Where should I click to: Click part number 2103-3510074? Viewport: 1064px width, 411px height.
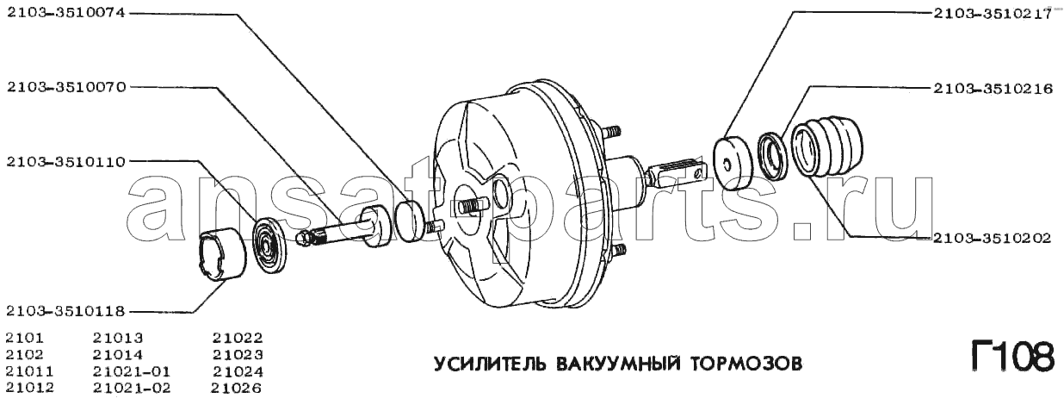click(66, 13)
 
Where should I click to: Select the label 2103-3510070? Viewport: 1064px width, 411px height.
click(66, 87)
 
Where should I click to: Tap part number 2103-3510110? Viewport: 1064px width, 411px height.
click(66, 162)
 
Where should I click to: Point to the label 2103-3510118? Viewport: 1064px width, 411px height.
click(66, 312)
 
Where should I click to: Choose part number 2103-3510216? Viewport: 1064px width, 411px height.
click(993, 102)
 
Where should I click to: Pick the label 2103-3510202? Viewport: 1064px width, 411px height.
click(993, 237)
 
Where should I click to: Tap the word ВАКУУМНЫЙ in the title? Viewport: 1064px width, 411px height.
click(617, 364)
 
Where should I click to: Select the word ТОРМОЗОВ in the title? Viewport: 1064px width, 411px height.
click(746, 364)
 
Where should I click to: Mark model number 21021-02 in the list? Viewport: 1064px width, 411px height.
click(132, 388)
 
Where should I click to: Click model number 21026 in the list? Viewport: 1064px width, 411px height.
click(237, 388)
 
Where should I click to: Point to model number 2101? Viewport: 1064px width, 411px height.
click(25, 338)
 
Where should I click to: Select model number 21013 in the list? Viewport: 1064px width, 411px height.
click(118, 338)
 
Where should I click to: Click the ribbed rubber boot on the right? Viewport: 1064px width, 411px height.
click(827, 146)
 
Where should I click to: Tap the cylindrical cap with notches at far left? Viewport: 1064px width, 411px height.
click(221, 255)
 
